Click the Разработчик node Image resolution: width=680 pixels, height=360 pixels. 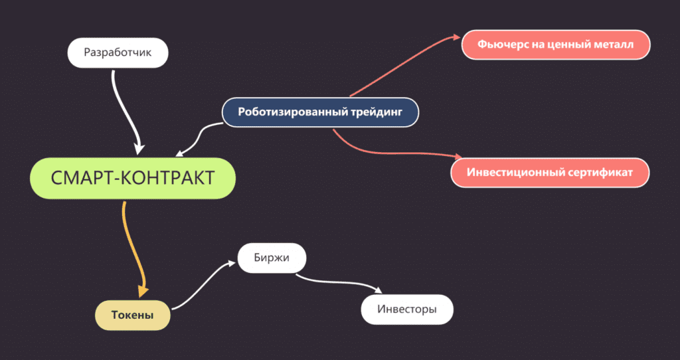pyautogui.click(x=118, y=52)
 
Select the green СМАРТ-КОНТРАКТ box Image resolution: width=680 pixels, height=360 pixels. pyautogui.click(x=133, y=178)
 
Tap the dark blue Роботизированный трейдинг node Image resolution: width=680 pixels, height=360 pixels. pyautogui.click(x=321, y=112)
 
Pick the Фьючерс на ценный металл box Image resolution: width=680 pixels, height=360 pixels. pyautogui.click(x=556, y=45)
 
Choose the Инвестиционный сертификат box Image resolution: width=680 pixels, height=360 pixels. pyautogui.click(x=550, y=172)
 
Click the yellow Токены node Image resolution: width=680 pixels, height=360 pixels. pyautogui.click(x=133, y=315)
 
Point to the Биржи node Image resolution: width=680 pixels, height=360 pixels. pyautogui.click(x=272, y=258)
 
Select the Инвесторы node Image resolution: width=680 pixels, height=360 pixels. pyautogui.click(x=407, y=310)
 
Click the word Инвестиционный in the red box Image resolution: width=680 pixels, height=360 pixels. pyautogui.click(x=515, y=172)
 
